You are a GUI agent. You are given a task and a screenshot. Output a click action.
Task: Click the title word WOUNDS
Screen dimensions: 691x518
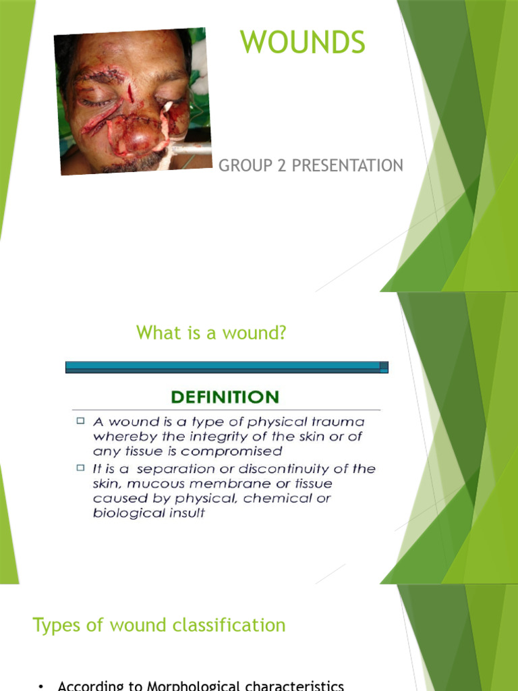pyautogui.click(x=303, y=43)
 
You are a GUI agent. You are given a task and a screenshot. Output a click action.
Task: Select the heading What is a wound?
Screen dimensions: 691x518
pyautogui.click(x=211, y=333)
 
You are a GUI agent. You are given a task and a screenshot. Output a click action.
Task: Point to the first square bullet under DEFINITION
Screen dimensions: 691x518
pyautogui.click(x=80, y=421)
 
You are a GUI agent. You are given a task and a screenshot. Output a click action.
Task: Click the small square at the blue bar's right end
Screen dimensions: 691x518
pyautogui.click(x=384, y=367)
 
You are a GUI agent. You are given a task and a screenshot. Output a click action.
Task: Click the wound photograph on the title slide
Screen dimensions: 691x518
pyautogui.click(x=133, y=101)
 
